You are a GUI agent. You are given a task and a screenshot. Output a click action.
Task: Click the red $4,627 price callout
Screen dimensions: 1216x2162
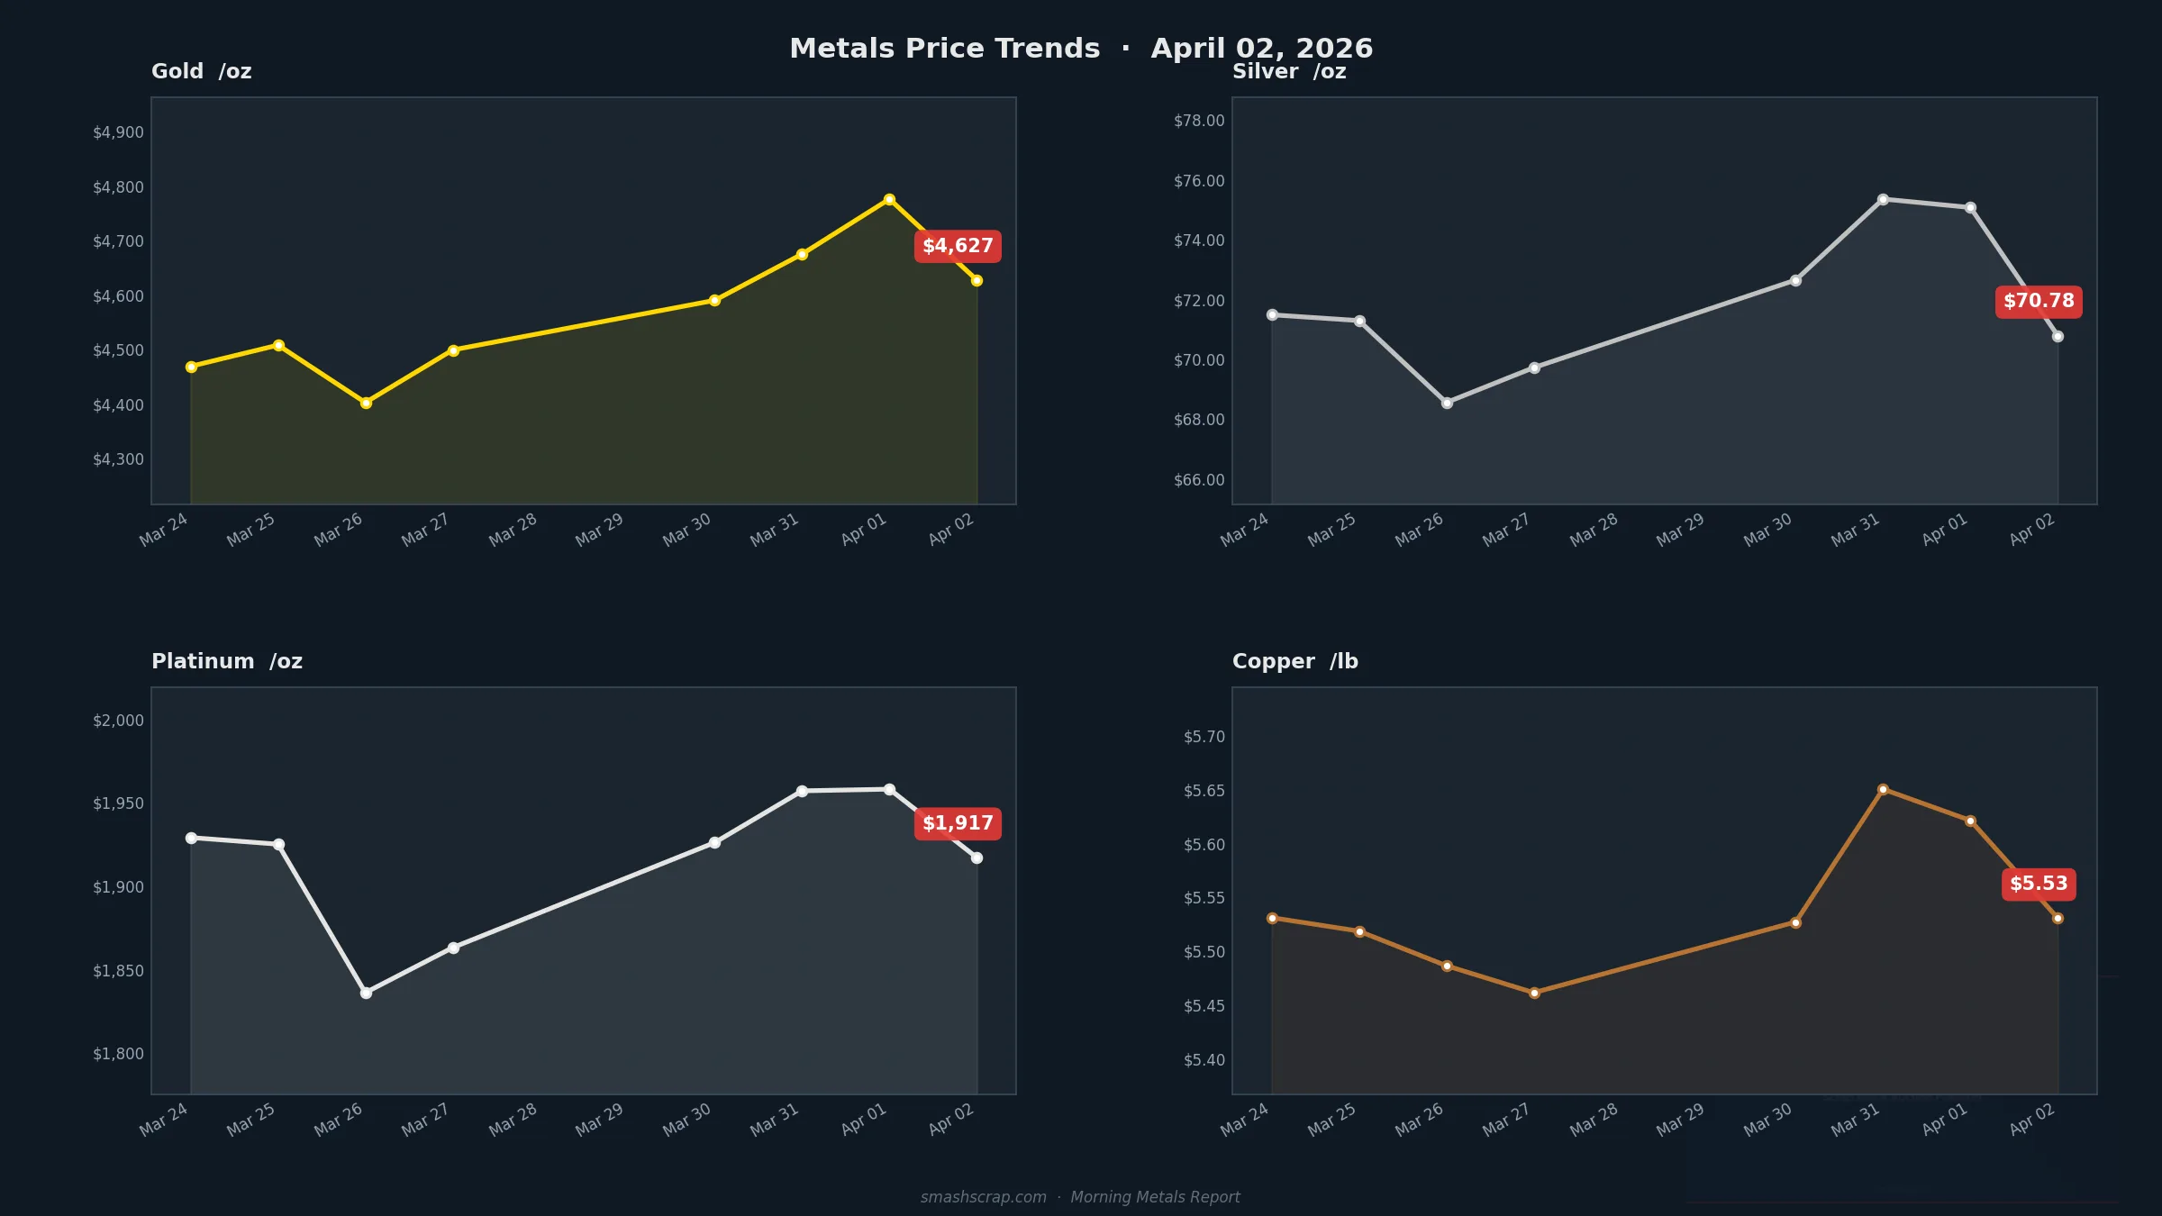958,246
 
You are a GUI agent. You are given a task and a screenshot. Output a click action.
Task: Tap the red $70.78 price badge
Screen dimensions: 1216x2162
2039,301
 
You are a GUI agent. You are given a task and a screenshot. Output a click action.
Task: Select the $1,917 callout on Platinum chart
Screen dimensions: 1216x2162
958,823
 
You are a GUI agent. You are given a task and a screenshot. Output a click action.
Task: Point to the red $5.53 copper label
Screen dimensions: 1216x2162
2039,884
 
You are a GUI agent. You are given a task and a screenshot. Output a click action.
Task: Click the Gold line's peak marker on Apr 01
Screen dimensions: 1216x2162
889,199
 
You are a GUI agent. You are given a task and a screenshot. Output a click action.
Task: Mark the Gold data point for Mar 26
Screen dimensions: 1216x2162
366,403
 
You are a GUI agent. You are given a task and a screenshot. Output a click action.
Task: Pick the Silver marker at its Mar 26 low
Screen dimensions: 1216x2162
1447,403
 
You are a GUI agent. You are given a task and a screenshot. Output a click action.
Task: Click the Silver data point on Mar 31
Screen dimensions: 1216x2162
1883,199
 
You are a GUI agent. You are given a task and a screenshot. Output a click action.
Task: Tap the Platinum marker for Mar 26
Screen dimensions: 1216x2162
366,993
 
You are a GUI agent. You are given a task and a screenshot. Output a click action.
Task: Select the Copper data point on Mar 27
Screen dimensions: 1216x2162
1534,993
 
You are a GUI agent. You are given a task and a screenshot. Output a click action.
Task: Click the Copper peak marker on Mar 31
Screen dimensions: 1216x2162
1883,789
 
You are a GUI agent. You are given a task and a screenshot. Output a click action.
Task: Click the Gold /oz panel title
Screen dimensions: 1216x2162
201,71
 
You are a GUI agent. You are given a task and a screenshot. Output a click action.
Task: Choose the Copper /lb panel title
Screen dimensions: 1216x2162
1294,661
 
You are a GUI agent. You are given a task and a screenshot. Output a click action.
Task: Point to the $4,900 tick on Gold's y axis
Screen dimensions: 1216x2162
118,132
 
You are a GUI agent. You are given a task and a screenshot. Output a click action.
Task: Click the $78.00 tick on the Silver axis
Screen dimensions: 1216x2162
1199,121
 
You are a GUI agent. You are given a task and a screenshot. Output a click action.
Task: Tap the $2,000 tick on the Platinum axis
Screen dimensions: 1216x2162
118,721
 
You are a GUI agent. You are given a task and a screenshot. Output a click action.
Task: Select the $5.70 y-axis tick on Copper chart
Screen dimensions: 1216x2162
1204,737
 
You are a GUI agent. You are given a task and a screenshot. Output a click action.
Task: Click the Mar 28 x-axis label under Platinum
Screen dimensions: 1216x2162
513,1119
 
